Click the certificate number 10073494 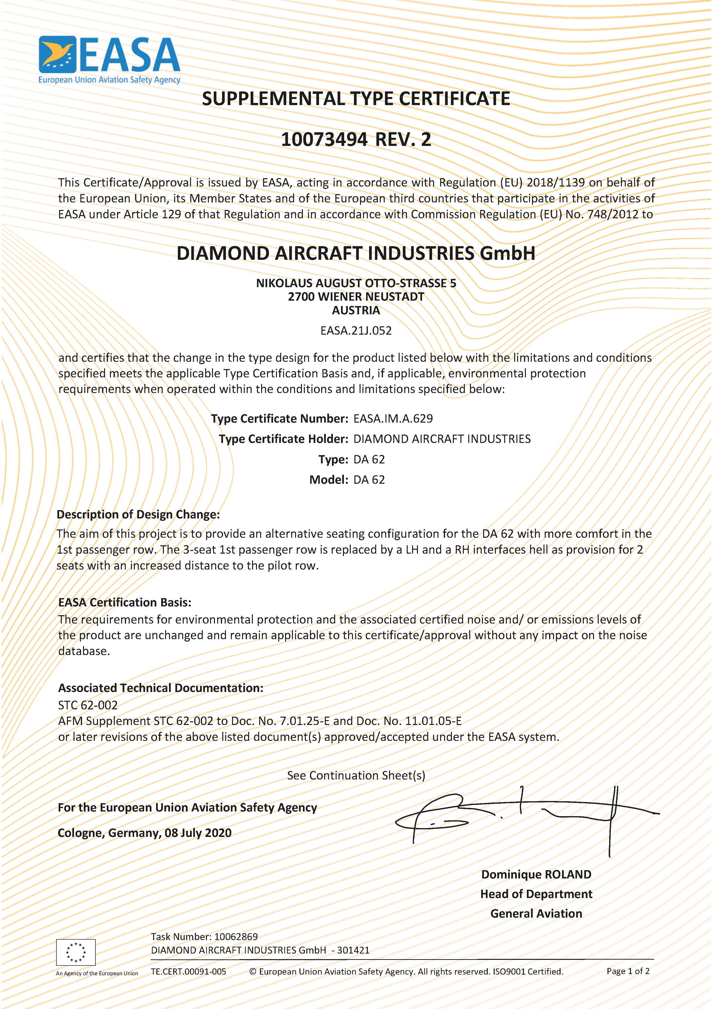click(x=324, y=140)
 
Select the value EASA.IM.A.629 click(x=393, y=418)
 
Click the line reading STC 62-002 click(x=88, y=705)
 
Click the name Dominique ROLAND click(x=536, y=875)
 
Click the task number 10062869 click(x=236, y=936)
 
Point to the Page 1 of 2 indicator click(x=628, y=971)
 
